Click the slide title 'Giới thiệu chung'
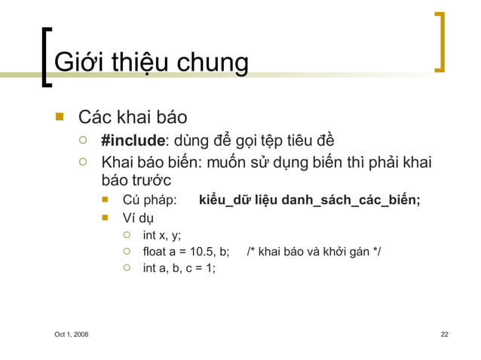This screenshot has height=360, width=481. pos(152,63)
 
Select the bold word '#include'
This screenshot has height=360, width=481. pos(133,141)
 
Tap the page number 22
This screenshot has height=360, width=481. pos(444,334)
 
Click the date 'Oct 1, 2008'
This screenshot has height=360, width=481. pos(70,334)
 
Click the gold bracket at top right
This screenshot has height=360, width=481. pos(439,41)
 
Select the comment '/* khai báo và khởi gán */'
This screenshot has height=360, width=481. pos(314,252)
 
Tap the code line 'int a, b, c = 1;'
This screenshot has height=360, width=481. pos(179,267)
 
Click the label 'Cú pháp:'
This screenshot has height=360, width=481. pos(150,200)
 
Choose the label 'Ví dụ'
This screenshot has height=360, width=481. pos(138,218)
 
